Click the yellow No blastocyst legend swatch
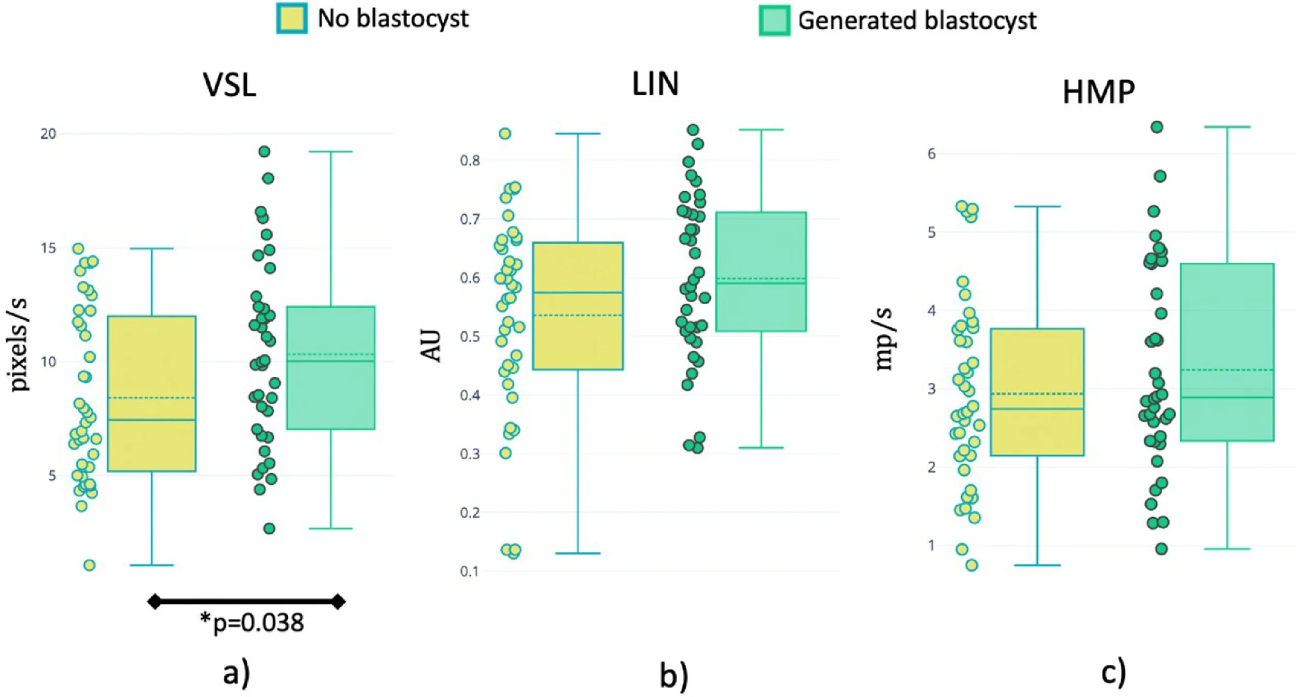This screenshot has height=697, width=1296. pyautogui.click(x=292, y=19)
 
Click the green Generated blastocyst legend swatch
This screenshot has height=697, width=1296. pyautogui.click(x=774, y=21)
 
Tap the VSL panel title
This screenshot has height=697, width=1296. pyautogui.click(x=230, y=85)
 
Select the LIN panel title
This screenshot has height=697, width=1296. pyautogui.click(x=655, y=83)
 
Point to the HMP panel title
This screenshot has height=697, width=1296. pyautogui.click(x=1098, y=92)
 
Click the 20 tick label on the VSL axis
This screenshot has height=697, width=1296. pyautogui.click(x=48, y=134)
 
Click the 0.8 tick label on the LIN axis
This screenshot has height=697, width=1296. pyautogui.click(x=470, y=161)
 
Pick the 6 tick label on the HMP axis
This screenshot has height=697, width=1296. pyautogui.click(x=932, y=154)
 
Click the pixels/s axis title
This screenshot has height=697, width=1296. pyautogui.click(x=20, y=344)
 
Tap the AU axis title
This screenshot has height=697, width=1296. pyautogui.click(x=430, y=346)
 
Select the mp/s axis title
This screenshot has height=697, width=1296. pyautogui.click(x=884, y=339)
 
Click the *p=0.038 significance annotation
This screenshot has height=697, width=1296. pyautogui.click(x=252, y=623)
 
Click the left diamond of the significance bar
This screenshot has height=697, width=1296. pyautogui.click(x=154, y=602)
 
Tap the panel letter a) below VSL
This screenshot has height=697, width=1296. pyautogui.click(x=236, y=674)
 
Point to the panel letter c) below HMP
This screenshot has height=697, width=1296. pyautogui.click(x=1113, y=673)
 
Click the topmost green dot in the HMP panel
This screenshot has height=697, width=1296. pyautogui.click(x=1157, y=127)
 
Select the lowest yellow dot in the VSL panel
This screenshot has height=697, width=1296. pyautogui.click(x=90, y=565)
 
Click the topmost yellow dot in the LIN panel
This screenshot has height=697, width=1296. pyautogui.click(x=504, y=134)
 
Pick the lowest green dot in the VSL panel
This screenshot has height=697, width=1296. pyautogui.click(x=269, y=529)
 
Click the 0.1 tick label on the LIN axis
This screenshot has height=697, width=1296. pyautogui.click(x=470, y=572)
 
